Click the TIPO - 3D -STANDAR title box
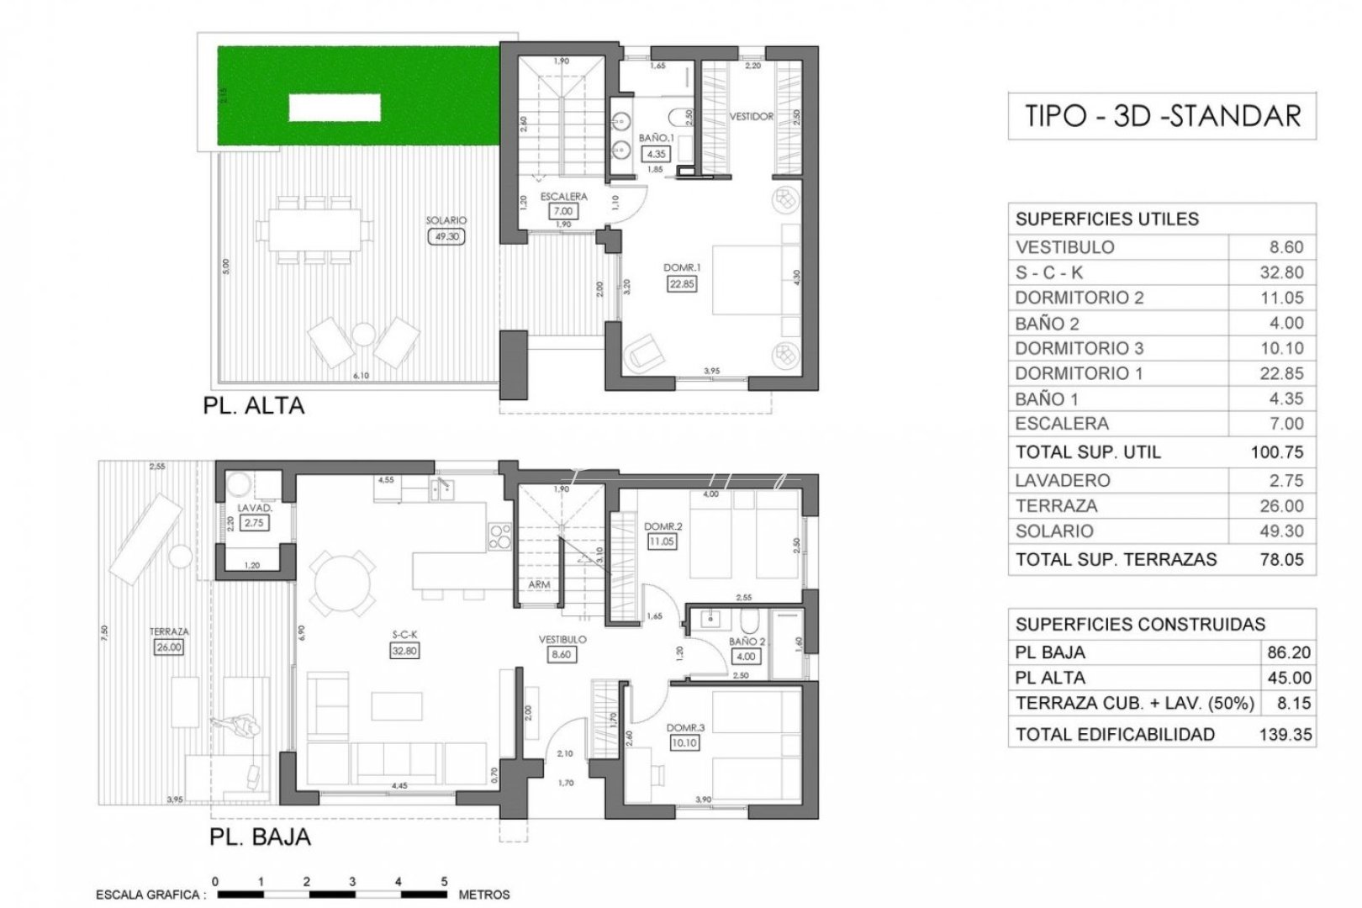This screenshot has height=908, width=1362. pyautogui.click(x=1162, y=116)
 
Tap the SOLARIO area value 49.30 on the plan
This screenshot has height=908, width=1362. pyautogui.click(x=446, y=237)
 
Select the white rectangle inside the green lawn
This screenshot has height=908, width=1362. pyautogui.click(x=335, y=108)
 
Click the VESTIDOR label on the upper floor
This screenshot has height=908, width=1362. pyautogui.click(x=751, y=117)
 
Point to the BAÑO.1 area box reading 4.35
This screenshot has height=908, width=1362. pyautogui.click(x=655, y=154)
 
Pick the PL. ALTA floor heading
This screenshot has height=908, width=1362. pyautogui.click(x=253, y=406)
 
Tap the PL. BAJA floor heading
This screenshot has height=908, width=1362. pyautogui.click(x=259, y=837)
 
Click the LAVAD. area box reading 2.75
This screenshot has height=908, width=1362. pyautogui.click(x=253, y=523)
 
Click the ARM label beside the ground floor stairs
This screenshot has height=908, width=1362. pyautogui.click(x=540, y=584)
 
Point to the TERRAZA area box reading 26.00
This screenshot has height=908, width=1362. pyautogui.click(x=169, y=647)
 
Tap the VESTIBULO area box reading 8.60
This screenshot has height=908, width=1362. pyautogui.click(x=562, y=654)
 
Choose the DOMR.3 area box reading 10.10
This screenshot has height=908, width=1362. pyautogui.click(x=684, y=743)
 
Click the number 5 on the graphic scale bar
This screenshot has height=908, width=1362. pyautogui.click(x=444, y=881)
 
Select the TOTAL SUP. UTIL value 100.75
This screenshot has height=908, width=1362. pyautogui.click(x=1276, y=452)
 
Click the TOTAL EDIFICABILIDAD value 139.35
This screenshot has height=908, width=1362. pyautogui.click(x=1285, y=734)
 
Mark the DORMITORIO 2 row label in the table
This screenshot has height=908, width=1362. pyautogui.click(x=1079, y=298)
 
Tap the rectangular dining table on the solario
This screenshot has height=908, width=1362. pyautogui.click(x=315, y=229)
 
